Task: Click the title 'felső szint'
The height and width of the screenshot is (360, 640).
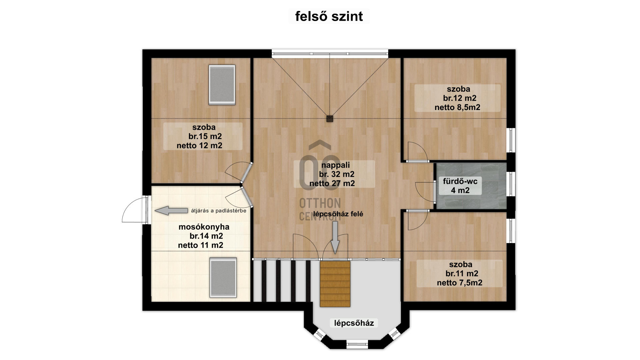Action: coord(329,16)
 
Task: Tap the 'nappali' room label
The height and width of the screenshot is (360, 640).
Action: coord(335,165)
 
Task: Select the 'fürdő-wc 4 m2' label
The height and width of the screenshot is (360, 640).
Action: coord(460,186)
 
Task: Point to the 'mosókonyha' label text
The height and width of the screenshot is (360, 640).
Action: coord(204,227)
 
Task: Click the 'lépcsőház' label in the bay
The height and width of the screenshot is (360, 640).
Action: coord(354,323)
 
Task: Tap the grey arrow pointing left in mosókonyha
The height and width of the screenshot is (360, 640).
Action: coord(171,211)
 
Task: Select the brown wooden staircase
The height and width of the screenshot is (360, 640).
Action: coord(335,284)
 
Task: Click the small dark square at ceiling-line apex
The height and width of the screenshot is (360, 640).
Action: coord(330,119)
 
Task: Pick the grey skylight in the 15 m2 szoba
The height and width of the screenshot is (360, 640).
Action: coord(222,85)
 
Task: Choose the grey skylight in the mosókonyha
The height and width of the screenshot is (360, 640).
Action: coord(223,277)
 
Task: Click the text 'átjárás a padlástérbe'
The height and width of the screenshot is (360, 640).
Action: coord(219,211)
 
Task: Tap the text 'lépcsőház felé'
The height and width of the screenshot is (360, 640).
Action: coord(338,214)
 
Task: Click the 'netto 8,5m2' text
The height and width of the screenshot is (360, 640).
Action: coord(457,107)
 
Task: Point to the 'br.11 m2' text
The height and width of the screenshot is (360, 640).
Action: coord(462,274)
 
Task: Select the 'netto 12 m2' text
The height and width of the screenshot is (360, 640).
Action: coord(199,146)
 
